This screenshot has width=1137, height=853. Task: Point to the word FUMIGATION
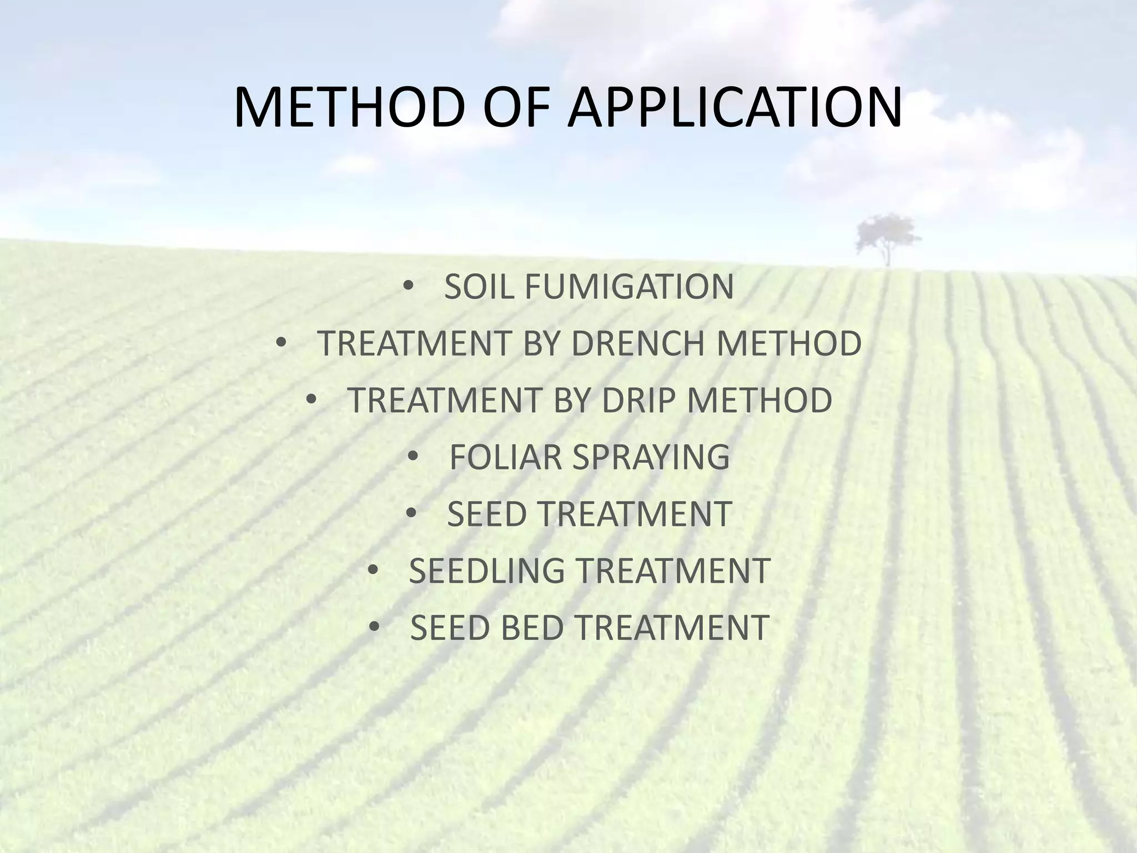click(628, 287)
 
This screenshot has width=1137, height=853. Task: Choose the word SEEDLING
click(486, 570)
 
